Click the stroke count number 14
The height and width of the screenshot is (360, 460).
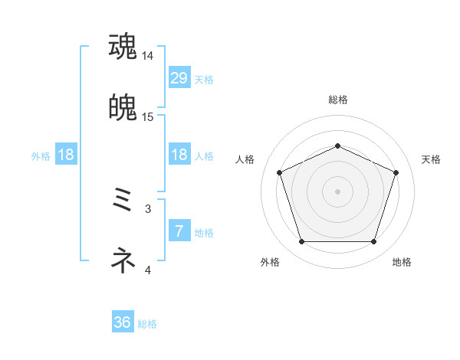[148, 56]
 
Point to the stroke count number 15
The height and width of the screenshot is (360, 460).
[148, 117]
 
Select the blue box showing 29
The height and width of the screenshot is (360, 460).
[179, 78]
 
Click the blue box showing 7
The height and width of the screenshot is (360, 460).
[179, 231]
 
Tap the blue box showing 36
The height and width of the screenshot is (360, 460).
[123, 322]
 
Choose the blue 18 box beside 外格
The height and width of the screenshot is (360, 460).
[66, 155]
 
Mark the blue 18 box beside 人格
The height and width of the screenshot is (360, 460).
[179, 155]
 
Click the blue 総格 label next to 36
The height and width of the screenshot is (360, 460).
[147, 324]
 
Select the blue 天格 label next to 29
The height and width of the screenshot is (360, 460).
[204, 79]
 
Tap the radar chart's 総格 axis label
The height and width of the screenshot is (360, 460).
[337, 100]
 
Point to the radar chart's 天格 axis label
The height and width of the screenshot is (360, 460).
[432, 159]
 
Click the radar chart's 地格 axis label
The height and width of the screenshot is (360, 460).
[402, 262]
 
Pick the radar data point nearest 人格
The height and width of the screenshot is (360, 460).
[279, 172]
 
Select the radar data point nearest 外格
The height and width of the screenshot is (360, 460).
[301, 242]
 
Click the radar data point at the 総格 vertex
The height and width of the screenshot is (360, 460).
[337, 146]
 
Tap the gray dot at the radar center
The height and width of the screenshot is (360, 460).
[337, 191]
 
